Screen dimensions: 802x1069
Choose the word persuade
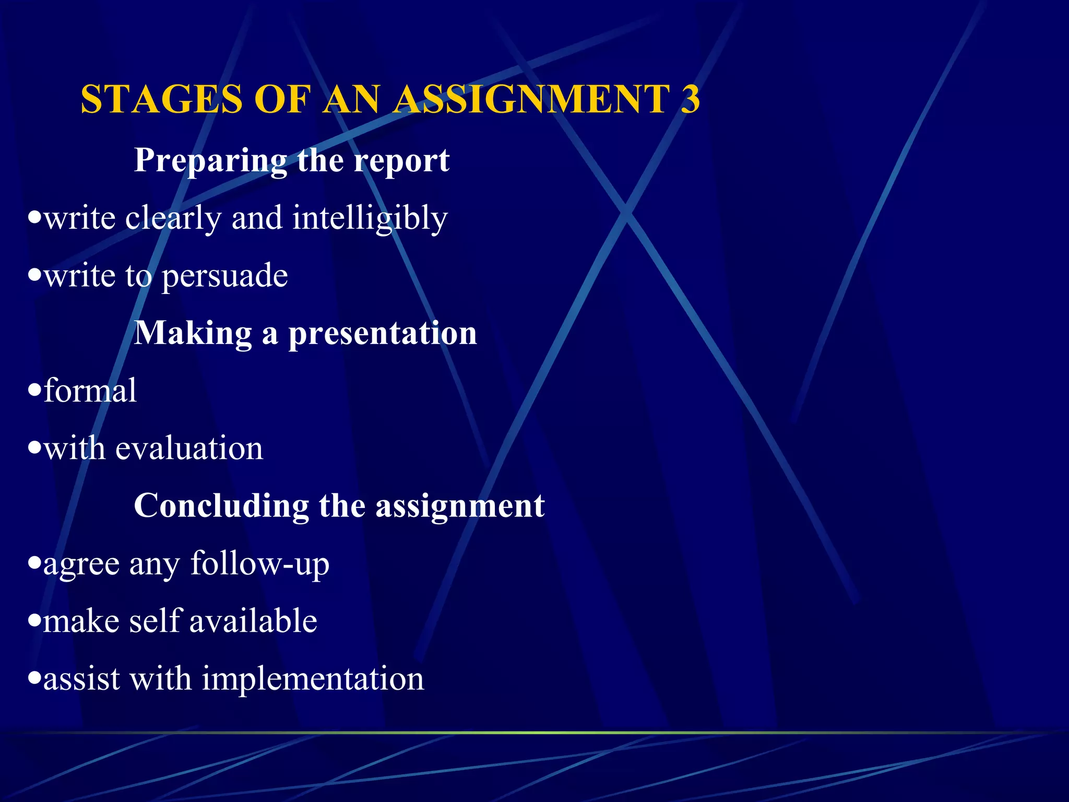(224, 276)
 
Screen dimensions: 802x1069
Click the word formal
(90, 391)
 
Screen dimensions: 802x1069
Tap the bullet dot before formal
(34, 390)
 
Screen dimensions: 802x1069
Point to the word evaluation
(189, 449)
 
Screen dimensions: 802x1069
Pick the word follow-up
(259, 564)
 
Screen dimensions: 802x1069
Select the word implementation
(313, 679)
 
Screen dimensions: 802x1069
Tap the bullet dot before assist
(34, 678)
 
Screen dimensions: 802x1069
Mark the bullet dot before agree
(34, 563)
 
